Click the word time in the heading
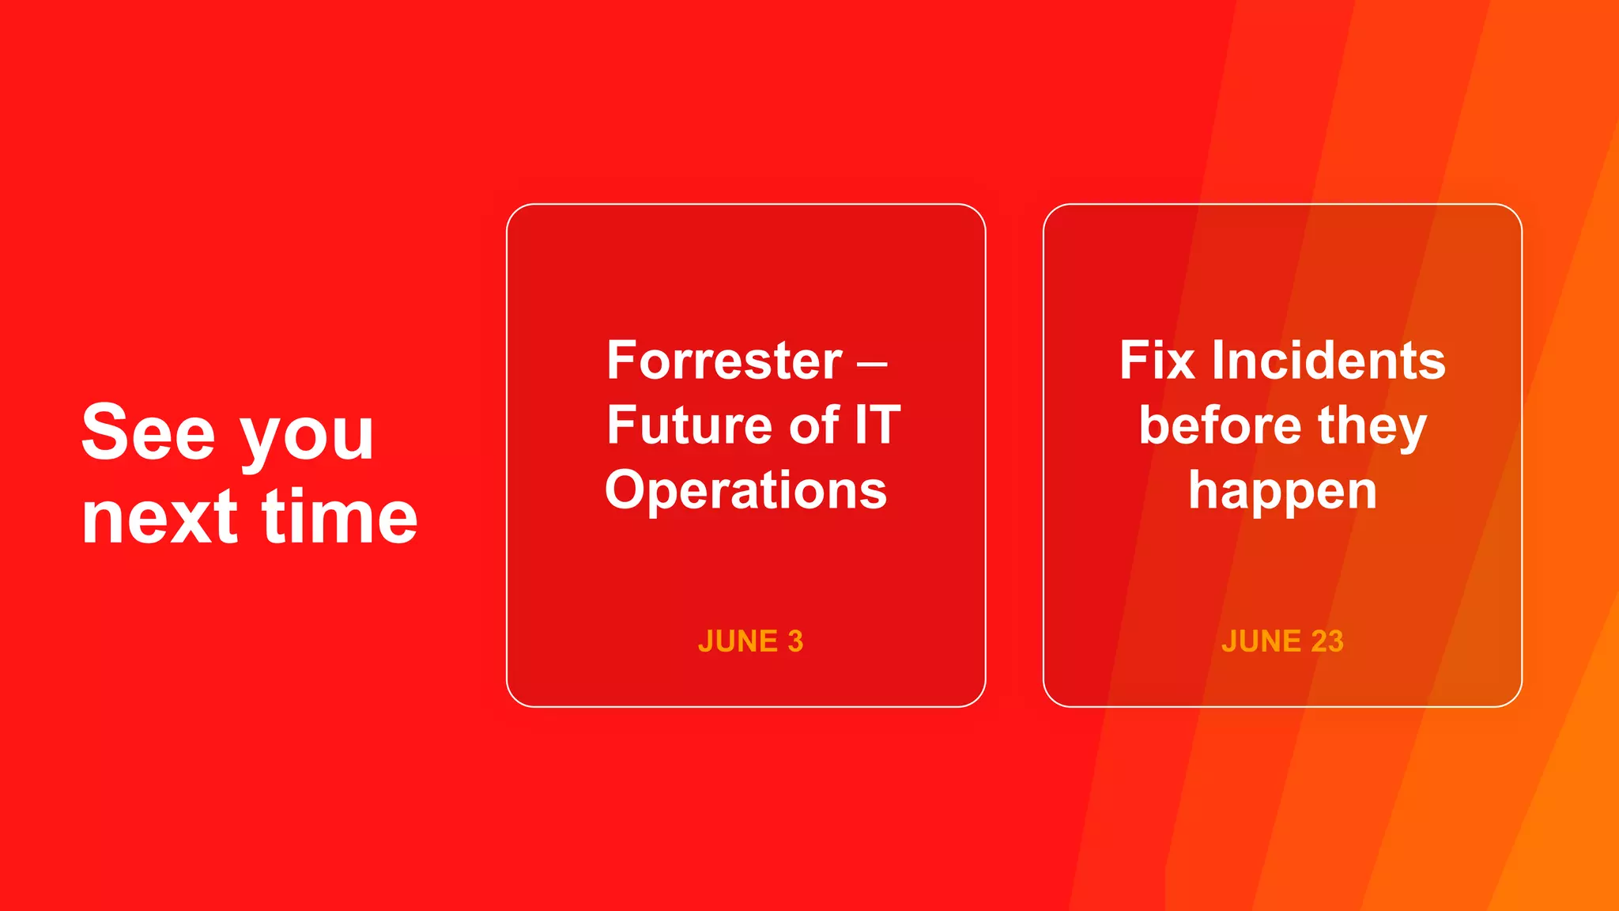point(339,518)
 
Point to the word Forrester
point(724,361)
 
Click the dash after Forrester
point(872,365)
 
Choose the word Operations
point(745,490)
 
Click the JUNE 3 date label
point(750,641)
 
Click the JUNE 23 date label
point(1282,641)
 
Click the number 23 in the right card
point(1327,641)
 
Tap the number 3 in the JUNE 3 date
point(795,641)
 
